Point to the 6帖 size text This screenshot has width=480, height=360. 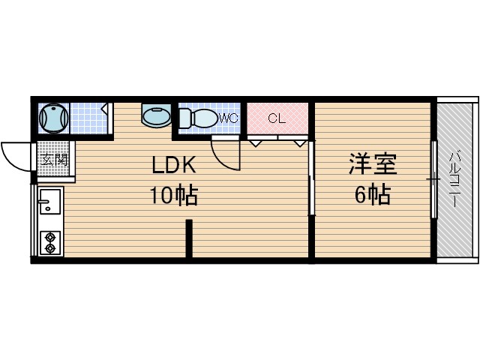(x=371, y=196)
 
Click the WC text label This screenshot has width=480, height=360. (x=229, y=118)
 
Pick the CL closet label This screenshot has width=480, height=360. (x=277, y=118)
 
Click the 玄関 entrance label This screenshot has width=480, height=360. (x=54, y=160)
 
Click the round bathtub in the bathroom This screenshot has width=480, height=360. (x=54, y=118)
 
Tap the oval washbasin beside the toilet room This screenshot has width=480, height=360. (x=155, y=117)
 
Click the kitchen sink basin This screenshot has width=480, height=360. (x=51, y=204)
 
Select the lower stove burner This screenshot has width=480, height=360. (x=50, y=247)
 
